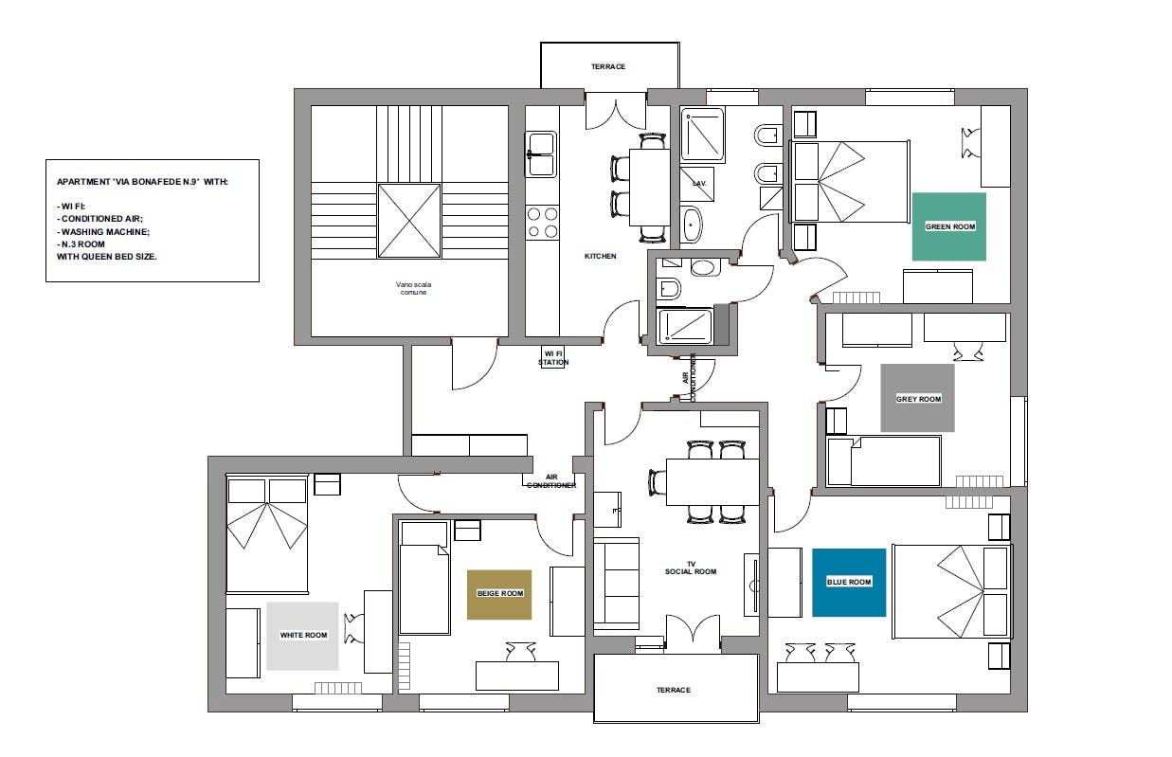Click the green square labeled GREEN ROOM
pyautogui.click(x=949, y=226)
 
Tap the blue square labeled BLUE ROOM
pyautogui.click(x=849, y=583)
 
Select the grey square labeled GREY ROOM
pyautogui.click(x=918, y=398)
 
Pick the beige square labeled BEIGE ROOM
pyautogui.click(x=499, y=594)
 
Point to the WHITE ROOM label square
pyautogui.click(x=302, y=636)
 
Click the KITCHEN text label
pyautogui.click(x=600, y=256)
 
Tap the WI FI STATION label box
pyautogui.click(x=553, y=358)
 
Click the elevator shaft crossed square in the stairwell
pyautogui.click(x=409, y=220)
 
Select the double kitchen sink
pyautogui.click(x=541, y=153)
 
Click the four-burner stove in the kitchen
pyautogui.click(x=542, y=223)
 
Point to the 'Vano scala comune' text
pyautogui.click(x=413, y=288)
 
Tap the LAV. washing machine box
pyautogui.click(x=697, y=184)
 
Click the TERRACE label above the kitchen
pyautogui.click(x=608, y=66)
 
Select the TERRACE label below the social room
pyautogui.click(x=674, y=690)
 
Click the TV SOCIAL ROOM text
pyautogui.click(x=691, y=568)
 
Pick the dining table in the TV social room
pyautogui.click(x=712, y=482)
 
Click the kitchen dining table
pyautogui.click(x=649, y=188)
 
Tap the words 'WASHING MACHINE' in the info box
pyautogui.click(x=105, y=232)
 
